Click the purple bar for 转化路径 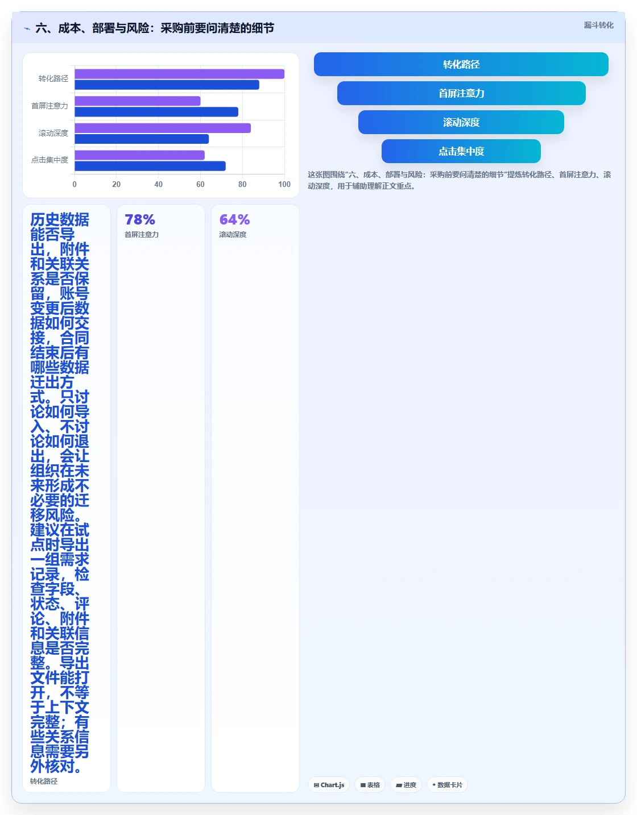pos(179,74)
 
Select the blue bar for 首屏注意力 pos(156,112)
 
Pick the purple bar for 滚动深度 pos(163,128)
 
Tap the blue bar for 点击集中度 pos(150,166)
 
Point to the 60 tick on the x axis pos(200,184)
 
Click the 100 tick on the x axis pos(284,184)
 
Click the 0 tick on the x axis pos(75,184)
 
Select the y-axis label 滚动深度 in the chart pos(53,133)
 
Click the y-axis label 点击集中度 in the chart pos(49,160)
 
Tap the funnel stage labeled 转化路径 pos(461,64)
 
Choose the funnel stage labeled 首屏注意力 pos(461,93)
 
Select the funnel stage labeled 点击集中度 pos(461,151)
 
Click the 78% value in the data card pos(140,219)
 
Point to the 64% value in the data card pos(234,219)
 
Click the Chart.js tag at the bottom pos(329,785)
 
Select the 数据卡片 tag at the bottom pos(447,785)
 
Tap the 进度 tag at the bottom pos(406,785)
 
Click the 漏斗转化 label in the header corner pos(598,25)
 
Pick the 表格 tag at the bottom pos(370,785)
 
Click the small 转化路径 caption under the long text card pos(44,781)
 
